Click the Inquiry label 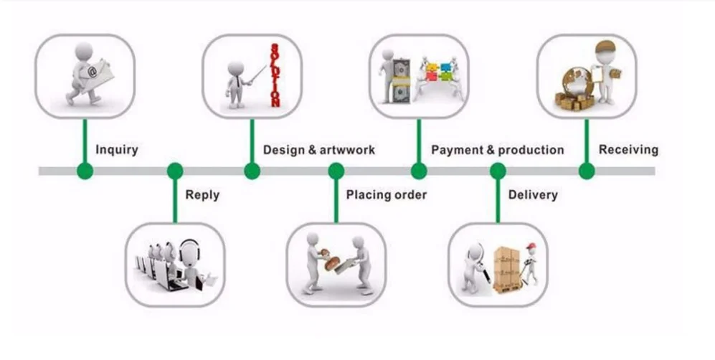[x=116, y=150]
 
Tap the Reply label [x=202, y=194]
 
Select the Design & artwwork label [x=318, y=150]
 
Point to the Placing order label [x=386, y=194]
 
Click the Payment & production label [x=497, y=150]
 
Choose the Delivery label [x=532, y=194]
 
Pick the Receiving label [x=628, y=150]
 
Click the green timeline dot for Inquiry [x=85, y=171]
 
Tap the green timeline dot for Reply [x=174, y=171]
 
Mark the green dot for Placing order [x=336, y=171]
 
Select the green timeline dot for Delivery [x=498, y=171]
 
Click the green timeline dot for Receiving [x=587, y=171]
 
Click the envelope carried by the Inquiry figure [x=93, y=72]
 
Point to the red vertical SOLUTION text [x=274, y=75]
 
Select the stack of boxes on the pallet [x=506, y=265]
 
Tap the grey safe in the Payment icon [x=397, y=77]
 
